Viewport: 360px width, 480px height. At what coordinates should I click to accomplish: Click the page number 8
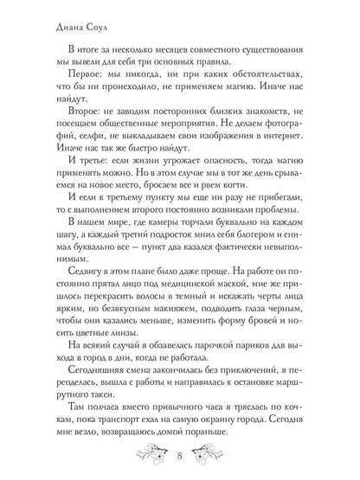pos(179,455)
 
